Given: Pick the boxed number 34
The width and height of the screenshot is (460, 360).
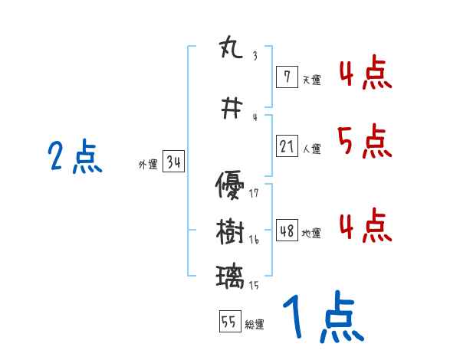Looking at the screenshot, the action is click(172, 162).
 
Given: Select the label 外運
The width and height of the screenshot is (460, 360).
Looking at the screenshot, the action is click(147, 164).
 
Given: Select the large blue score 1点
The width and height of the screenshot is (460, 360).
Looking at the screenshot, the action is click(322, 319).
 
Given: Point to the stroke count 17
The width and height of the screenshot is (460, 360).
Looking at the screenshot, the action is click(254, 193).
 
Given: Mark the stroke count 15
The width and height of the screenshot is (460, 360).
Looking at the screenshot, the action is click(254, 285).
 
